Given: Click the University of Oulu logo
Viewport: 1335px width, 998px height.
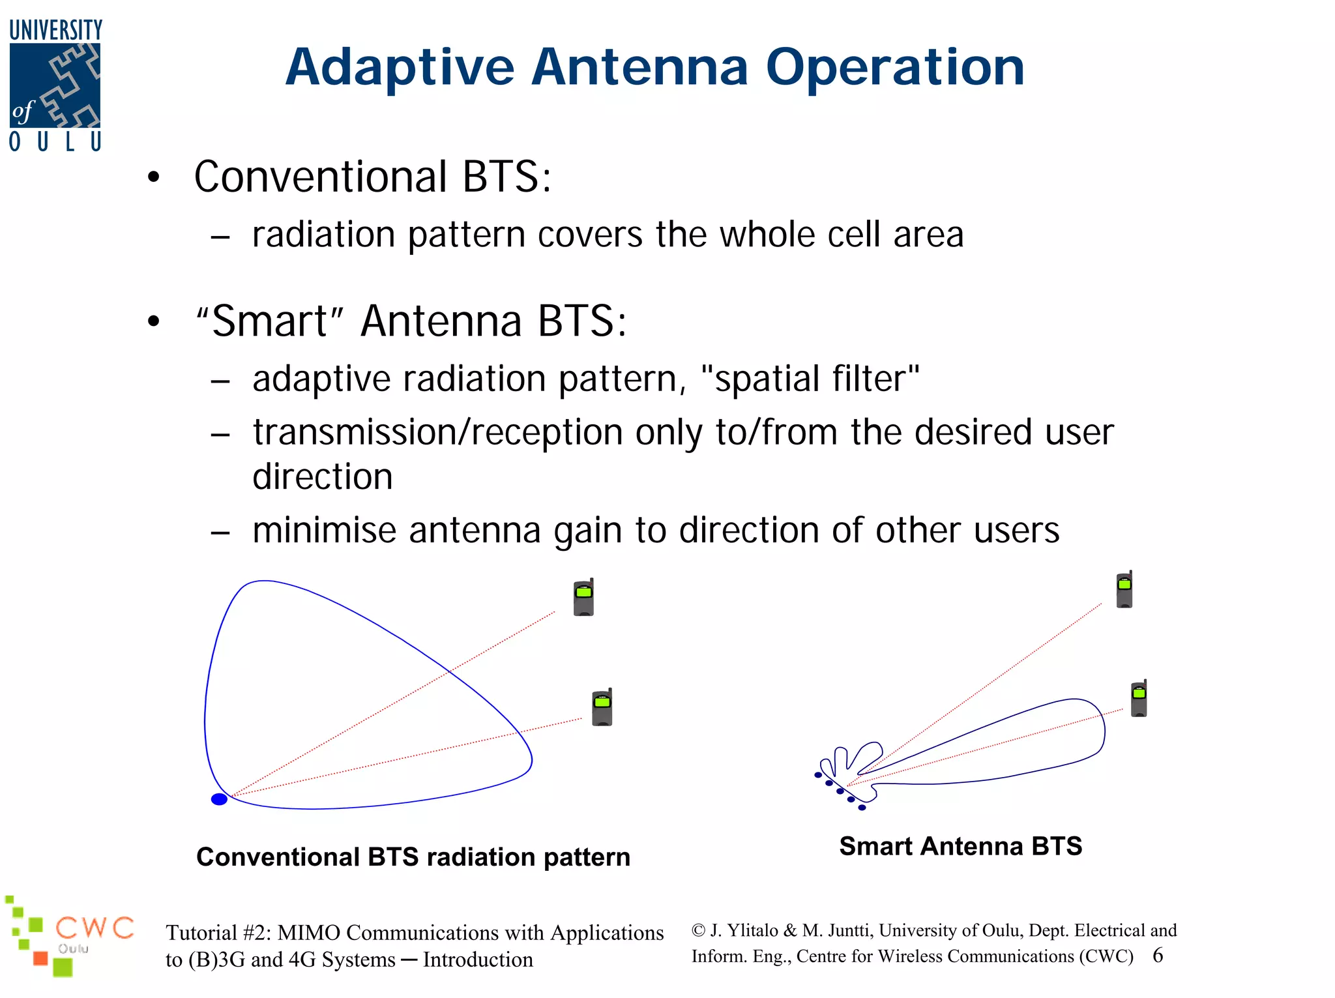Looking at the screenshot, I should pyautogui.click(x=55, y=85).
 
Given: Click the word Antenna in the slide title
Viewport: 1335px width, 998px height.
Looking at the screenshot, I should pyautogui.click(x=639, y=67).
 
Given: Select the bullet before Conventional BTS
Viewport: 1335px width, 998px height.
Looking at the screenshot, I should pyautogui.click(x=154, y=177).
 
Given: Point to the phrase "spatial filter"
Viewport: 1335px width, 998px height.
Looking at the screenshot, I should pyautogui.click(x=810, y=379).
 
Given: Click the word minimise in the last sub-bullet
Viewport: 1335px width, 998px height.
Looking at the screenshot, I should pyautogui.click(x=324, y=530).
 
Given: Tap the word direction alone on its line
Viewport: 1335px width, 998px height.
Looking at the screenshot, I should pyautogui.click(x=323, y=477).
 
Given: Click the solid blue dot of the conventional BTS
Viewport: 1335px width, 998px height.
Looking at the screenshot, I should pyautogui.click(x=219, y=799).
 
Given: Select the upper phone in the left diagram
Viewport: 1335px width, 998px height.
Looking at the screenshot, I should pyautogui.click(x=583, y=597).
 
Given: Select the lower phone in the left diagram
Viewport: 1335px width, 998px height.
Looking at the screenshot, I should pyautogui.click(x=602, y=707).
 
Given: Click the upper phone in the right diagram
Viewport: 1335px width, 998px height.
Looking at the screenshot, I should pyautogui.click(x=1124, y=590).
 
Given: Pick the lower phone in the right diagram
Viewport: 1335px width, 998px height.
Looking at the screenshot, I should pyautogui.click(x=1139, y=699).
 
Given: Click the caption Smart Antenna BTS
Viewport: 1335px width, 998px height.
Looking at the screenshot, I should pyautogui.click(x=960, y=846).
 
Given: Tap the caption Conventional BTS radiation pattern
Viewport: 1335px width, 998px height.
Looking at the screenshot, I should pyautogui.click(x=413, y=857).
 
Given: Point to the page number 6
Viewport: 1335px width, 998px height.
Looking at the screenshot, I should pyautogui.click(x=1158, y=956).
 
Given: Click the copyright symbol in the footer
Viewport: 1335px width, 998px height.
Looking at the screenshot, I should pyautogui.click(x=698, y=930).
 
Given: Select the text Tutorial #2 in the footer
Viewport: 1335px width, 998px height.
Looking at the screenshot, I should pyautogui.click(x=216, y=933).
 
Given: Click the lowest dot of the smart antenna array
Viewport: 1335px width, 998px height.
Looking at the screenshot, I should pyautogui.click(x=862, y=808).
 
